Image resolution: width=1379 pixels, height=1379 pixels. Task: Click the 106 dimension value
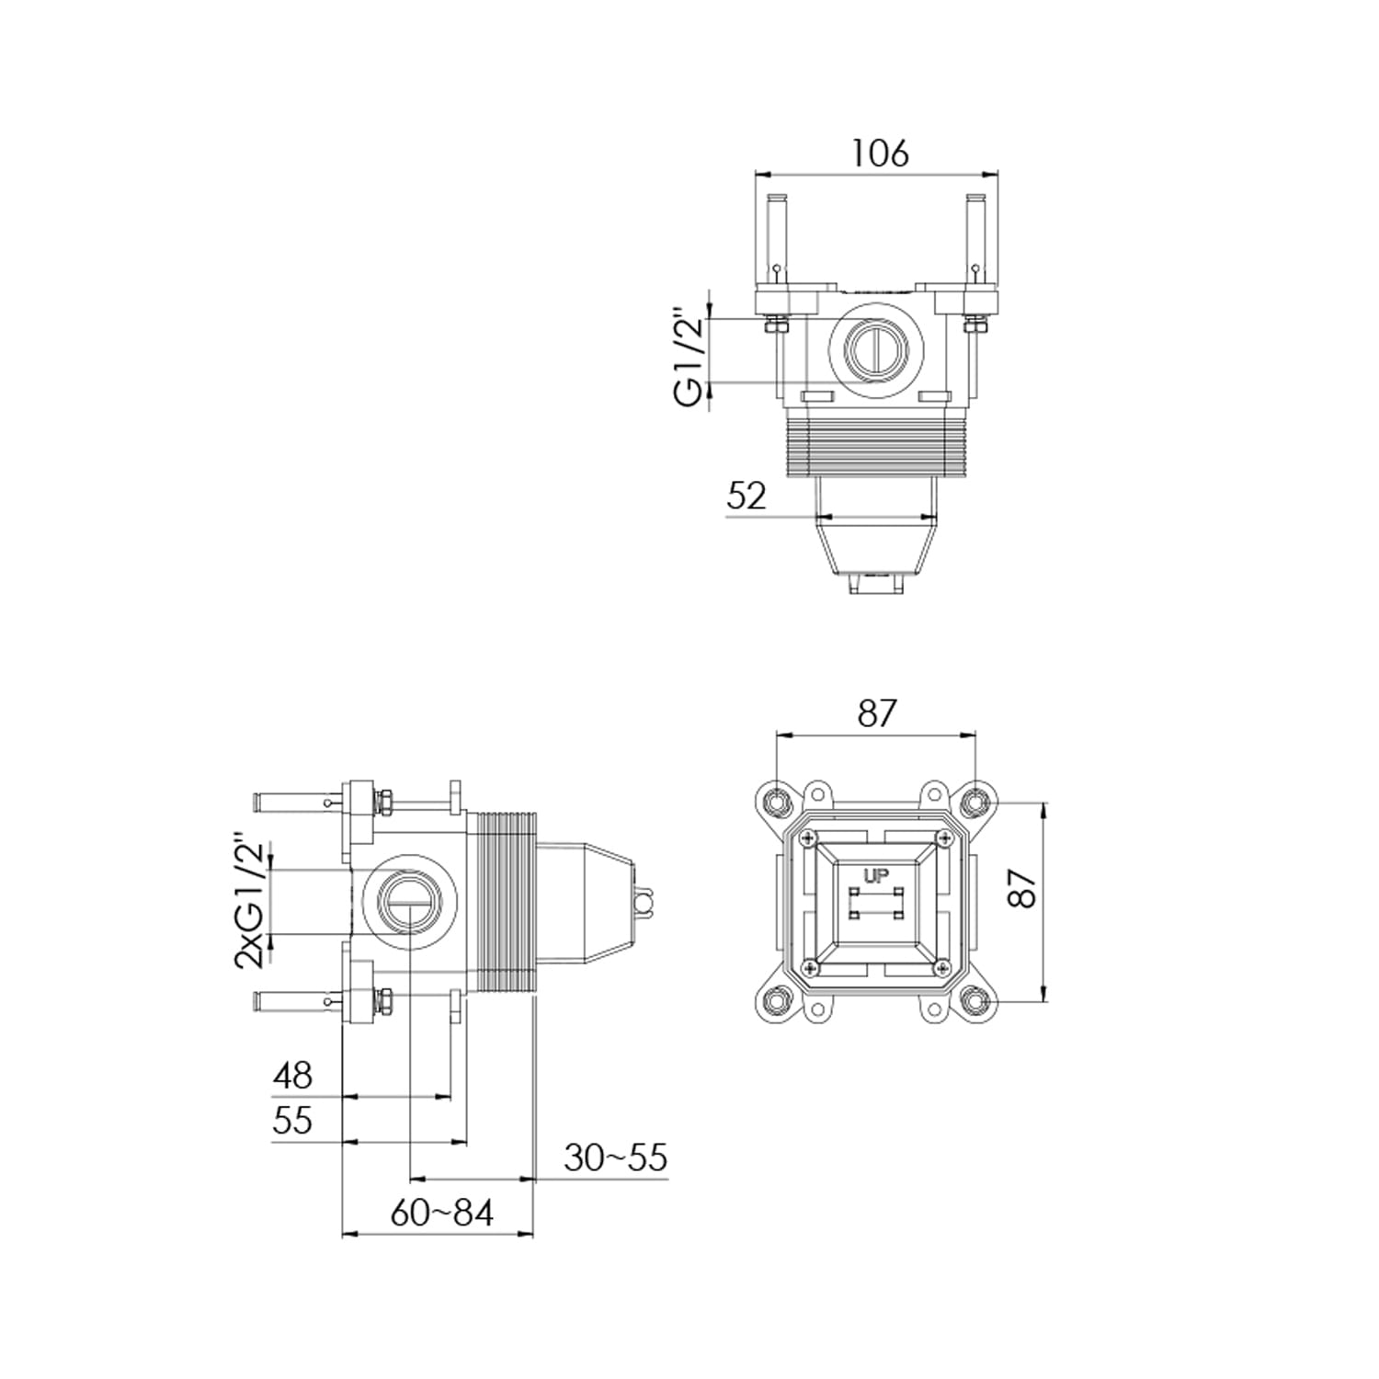[879, 153]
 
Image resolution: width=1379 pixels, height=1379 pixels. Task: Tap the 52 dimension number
[746, 496]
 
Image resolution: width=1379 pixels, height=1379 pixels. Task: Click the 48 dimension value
[292, 1075]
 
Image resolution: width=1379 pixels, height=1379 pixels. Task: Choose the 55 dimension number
[292, 1121]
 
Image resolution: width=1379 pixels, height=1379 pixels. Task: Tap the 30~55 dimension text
[616, 1157]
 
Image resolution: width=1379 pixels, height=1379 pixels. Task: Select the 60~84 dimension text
[442, 1213]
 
